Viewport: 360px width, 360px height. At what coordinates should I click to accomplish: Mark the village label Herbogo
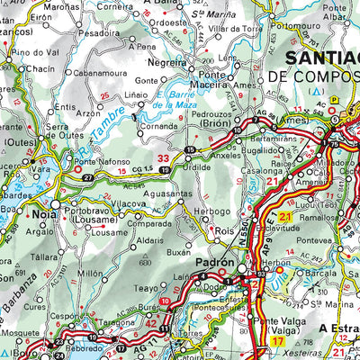tap(212, 211)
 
